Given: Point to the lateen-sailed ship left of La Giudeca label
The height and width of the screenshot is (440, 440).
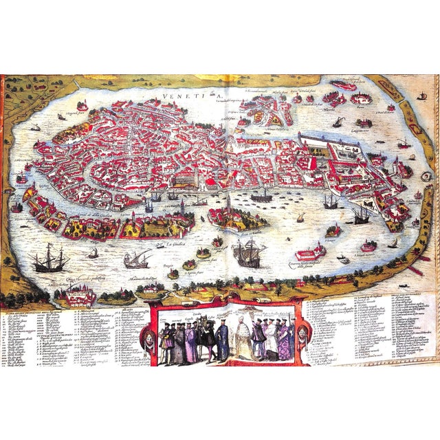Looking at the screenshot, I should tap(135, 258).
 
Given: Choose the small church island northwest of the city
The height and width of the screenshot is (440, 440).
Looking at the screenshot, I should tap(82, 107).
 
